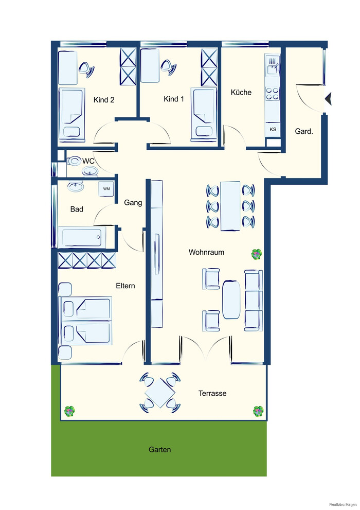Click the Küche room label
pyautogui.click(x=241, y=92)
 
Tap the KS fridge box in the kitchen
pyautogui.click(x=273, y=130)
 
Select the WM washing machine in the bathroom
pyautogui.click(x=106, y=189)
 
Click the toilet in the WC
pyautogui.click(x=74, y=161)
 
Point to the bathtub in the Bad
pyautogui.click(x=84, y=237)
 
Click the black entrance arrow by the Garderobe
pyautogui.click(x=328, y=99)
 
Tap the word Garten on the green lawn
pyautogui.click(x=159, y=449)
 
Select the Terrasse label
pyautogui.click(x=212, y=393)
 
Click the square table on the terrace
pyautogui.click(x=159, y=393)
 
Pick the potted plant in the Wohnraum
pyautogui.click(x=257, y=254)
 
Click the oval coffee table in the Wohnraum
pyautogui.click(x=231, y=300)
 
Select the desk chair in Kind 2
pyautogui.click(x=86, y=69)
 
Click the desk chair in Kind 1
pyautogui.click(x=168, y=67)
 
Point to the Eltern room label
pyautogui.click(x=125, y=286)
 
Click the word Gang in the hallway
pyautogui.click(x=133, y=203)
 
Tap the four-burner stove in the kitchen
pyautogui.click(x=272, y=93)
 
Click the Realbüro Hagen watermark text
pyautogui.click(x=343, y=504)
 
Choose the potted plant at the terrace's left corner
pyautogui.click(x=69, y=411)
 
